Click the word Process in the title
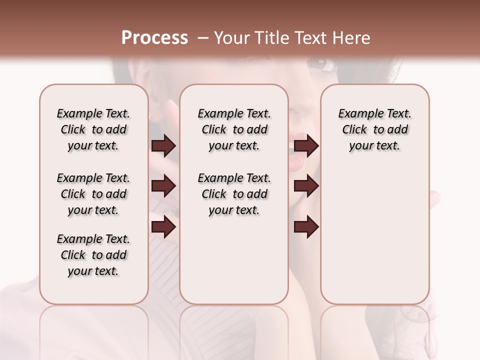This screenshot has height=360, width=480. [x=154, y=38]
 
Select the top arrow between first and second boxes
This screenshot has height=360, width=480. [x=163, y=146]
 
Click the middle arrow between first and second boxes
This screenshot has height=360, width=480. [x=163, y=186]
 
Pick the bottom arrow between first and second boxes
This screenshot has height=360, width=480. [x=163, y=226]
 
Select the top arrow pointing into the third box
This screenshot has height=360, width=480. [x=306, y=146]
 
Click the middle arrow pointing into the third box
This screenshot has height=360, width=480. [x=306, y=186]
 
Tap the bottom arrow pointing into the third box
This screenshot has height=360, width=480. [x=306, y=226]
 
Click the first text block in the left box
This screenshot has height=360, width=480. [x=93, y=129]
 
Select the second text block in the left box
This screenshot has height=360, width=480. [x=93, y=194]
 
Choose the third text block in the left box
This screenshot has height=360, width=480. [x=93, y=255]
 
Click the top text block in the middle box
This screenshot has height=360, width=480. [x=234, y=129]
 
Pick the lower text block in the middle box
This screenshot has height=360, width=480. [x=234, y=194]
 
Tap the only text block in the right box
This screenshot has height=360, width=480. [x=374, y=129]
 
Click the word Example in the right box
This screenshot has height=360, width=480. [x=356, y=114]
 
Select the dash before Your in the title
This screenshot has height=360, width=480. [x=202, y=38]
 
